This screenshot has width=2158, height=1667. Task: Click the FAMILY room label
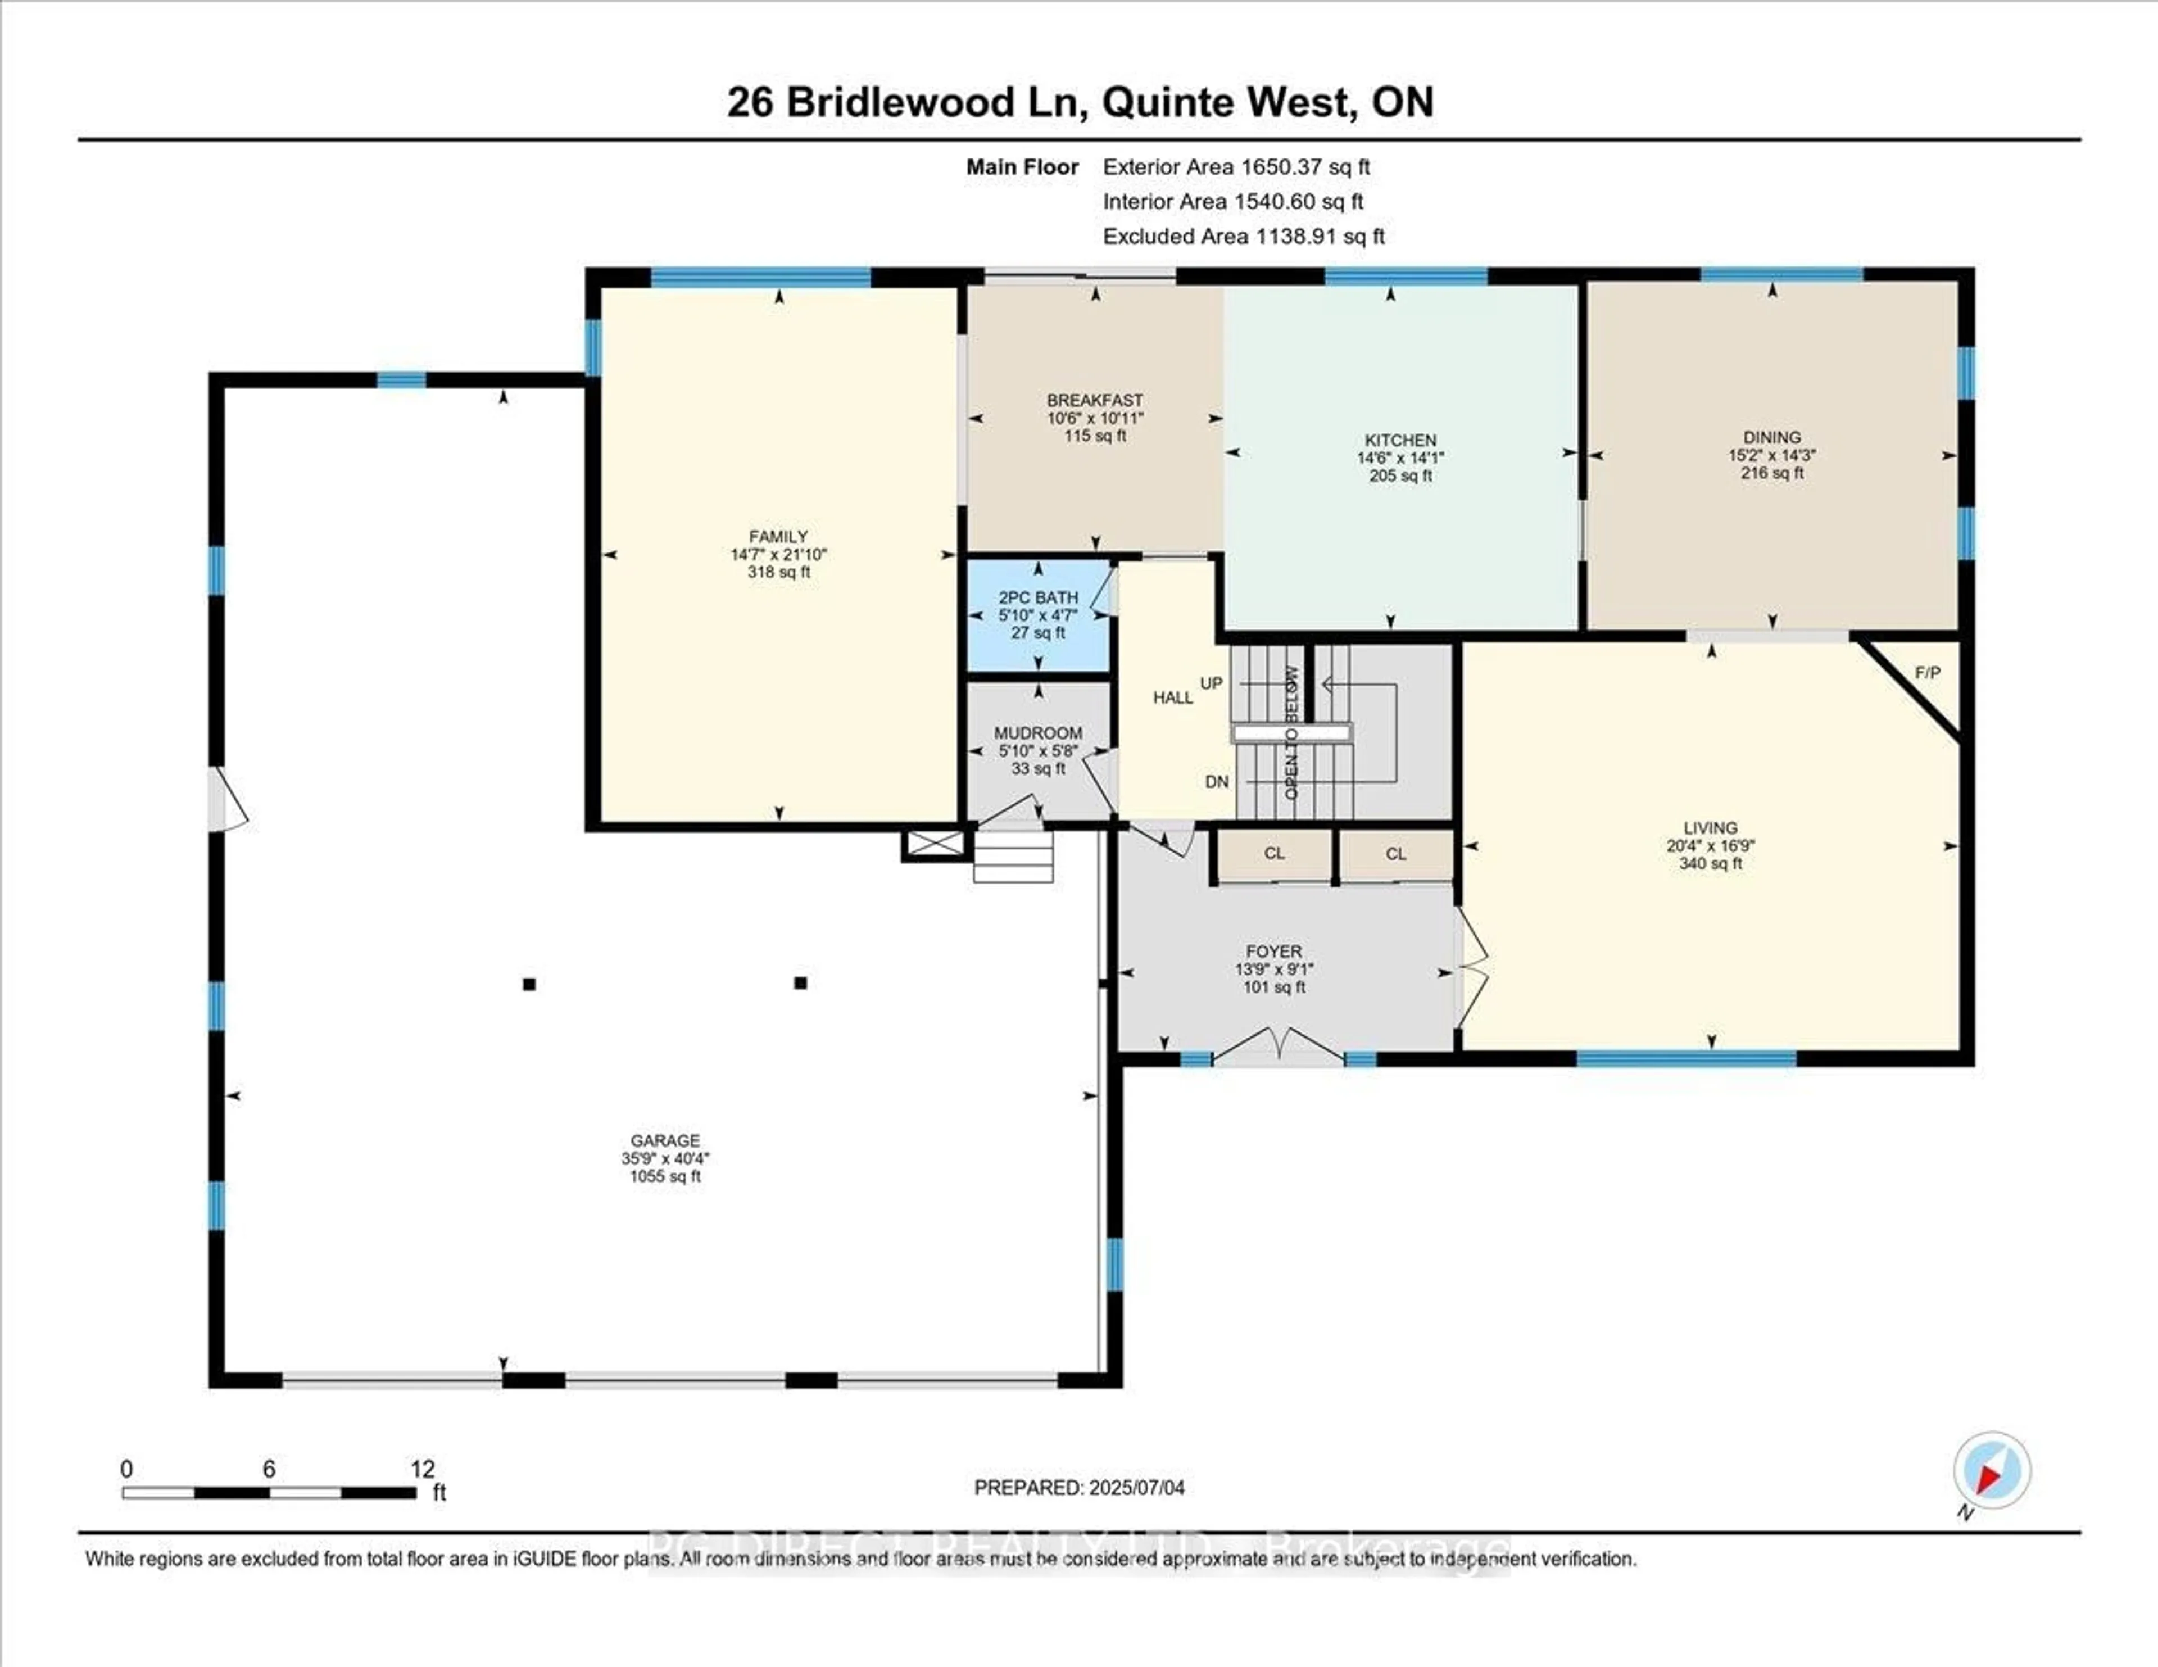pos(778,537)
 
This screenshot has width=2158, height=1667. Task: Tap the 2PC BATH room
pos(1037,615)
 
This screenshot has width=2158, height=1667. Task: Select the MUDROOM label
pos(1037,733)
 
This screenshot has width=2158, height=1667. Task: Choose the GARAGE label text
pos(665,1140)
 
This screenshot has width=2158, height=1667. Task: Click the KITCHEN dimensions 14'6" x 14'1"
pos(1400,457)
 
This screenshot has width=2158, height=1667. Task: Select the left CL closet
pos(1273,854)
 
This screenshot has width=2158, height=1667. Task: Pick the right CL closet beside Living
pos(1395,854)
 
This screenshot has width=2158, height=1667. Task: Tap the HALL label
pos(1173,697)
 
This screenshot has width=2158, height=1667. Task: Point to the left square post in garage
pos(529,984)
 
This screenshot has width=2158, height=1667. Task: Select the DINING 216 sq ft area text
pos(1772,473)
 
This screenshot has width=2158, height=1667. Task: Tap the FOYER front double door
pos(1279,1048)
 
